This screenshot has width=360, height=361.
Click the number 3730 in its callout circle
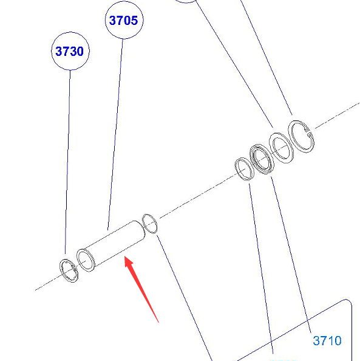[69, 51]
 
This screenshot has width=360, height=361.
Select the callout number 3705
[123, 20]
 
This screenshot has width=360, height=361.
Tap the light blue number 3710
[327, 340]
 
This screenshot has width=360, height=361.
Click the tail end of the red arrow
[158, 322]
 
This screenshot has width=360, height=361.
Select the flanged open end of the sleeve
[86, 260]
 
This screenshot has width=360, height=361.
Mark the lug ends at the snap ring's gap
[308, 132]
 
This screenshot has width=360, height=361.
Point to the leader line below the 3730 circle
[67, 162]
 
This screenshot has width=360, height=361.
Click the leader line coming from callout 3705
[115, 134]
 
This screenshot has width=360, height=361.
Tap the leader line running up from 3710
[291, 255]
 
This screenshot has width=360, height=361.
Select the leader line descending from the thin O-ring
[184, 297]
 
